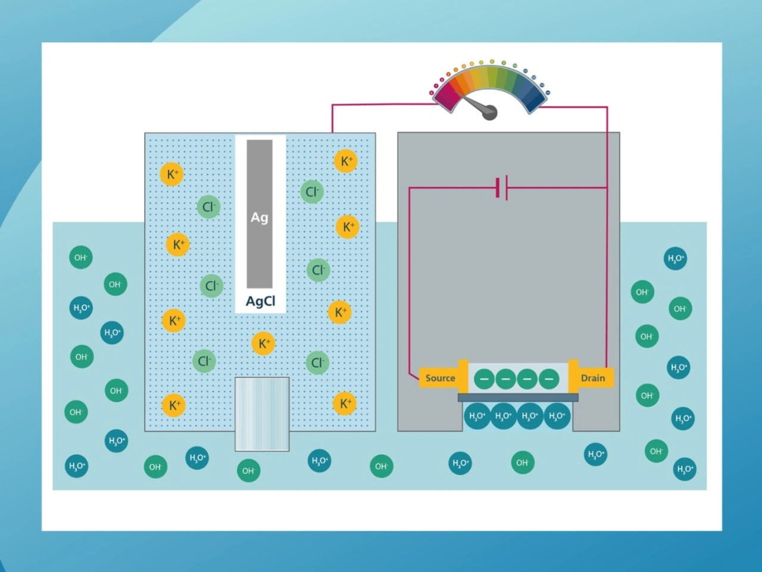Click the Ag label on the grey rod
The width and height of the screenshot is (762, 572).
coord(259,217)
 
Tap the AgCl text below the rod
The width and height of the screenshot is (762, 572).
coord(261,301)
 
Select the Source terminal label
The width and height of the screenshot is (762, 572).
coord(440,378)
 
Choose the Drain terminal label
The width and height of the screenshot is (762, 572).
coord(592,378)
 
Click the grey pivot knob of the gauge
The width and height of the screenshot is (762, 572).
coord(489,112)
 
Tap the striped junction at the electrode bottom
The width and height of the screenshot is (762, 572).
coord(262,414)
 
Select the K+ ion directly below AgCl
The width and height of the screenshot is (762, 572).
coord(263,343)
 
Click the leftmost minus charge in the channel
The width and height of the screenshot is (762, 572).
coord(484,379)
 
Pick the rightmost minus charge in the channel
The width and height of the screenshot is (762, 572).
coord(548,379)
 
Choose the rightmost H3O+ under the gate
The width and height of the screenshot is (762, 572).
coord(557,416)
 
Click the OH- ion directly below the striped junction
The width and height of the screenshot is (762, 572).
coord(248,471)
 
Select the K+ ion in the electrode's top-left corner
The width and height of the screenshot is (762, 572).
coord(171,174)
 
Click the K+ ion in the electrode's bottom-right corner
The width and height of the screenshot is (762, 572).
coord(345,404)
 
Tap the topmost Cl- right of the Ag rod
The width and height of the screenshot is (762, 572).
coord(311,192)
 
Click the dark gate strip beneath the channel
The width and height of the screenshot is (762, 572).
coord(517,398)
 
